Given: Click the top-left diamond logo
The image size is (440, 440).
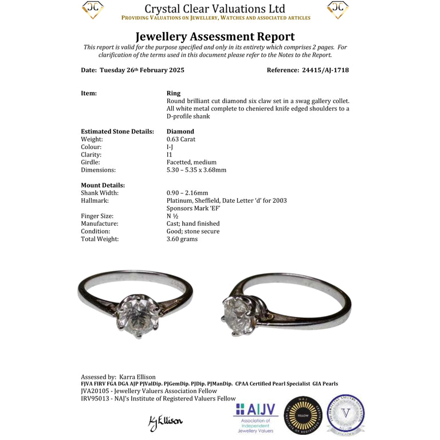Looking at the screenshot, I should point(92,10).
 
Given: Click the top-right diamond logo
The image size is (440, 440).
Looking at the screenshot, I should point(337,10).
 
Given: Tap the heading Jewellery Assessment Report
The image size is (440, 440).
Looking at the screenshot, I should point(215,37).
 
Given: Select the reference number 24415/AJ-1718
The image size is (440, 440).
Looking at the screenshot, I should point(324,70).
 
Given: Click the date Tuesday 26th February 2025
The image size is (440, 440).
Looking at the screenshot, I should point(142,70).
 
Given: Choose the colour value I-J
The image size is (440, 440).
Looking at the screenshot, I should point(170,147).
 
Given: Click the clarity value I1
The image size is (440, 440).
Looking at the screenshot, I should point(170,155).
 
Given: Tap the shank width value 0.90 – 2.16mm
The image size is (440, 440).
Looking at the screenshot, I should point(187,193).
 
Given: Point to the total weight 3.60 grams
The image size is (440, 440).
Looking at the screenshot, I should point(182,239).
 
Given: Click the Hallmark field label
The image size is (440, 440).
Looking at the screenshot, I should point(95,201).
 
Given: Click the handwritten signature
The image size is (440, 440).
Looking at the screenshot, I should point(165,422).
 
